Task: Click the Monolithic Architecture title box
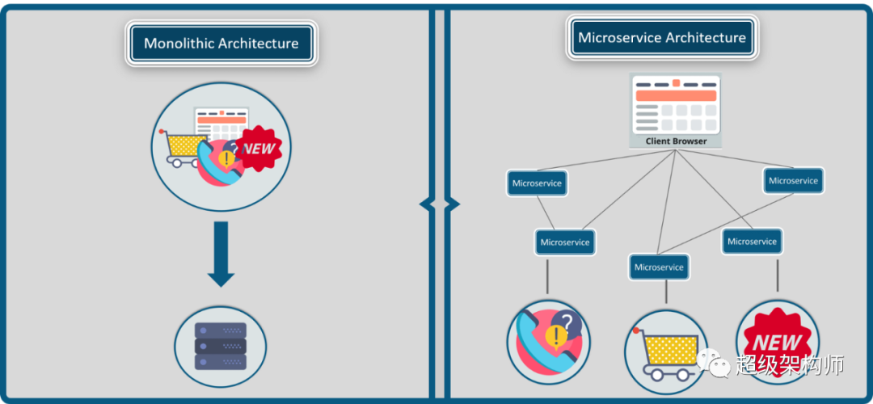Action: click(x=221, y=44)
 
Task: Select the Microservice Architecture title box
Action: click(x=661, y=38)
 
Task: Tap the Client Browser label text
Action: click(x=676, y=141)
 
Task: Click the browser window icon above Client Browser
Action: click(x=676, y=105)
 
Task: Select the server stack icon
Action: click(x=221, y=347)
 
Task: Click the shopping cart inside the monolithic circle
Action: click(x=181, y=147)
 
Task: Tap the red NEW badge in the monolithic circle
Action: click(x=259, y=149)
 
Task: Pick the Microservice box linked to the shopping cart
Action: click(x=659, y=267)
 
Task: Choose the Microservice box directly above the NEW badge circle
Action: click(x=752, y=242)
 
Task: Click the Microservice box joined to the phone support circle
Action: click(x=565, y=242)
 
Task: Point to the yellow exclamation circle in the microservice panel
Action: click(x=556, y=336)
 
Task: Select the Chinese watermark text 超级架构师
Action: click(x=790, y=365)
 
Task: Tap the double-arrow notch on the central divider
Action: click(x=439, y=204)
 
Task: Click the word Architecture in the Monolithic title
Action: click(x=258, y=44)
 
